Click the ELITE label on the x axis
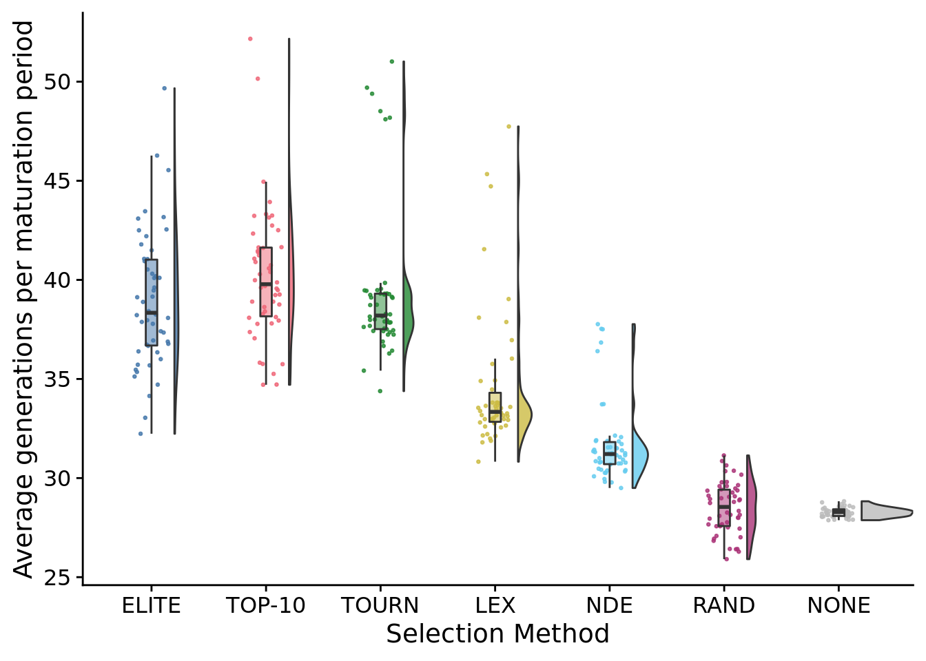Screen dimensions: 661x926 (151, 605)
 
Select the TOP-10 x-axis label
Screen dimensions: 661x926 (265, 605)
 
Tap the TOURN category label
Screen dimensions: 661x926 (380, 605)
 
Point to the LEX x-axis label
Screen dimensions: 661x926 (495, 605)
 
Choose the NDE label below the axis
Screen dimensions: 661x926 (609, 605)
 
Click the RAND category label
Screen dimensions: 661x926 (723, 605)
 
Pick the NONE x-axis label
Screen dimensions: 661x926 (838, 605)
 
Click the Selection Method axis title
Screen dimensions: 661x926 (497, 633)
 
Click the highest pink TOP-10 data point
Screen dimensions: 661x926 (250, 39)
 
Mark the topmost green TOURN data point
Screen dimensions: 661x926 (392, 61)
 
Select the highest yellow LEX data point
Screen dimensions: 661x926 (509, 126)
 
